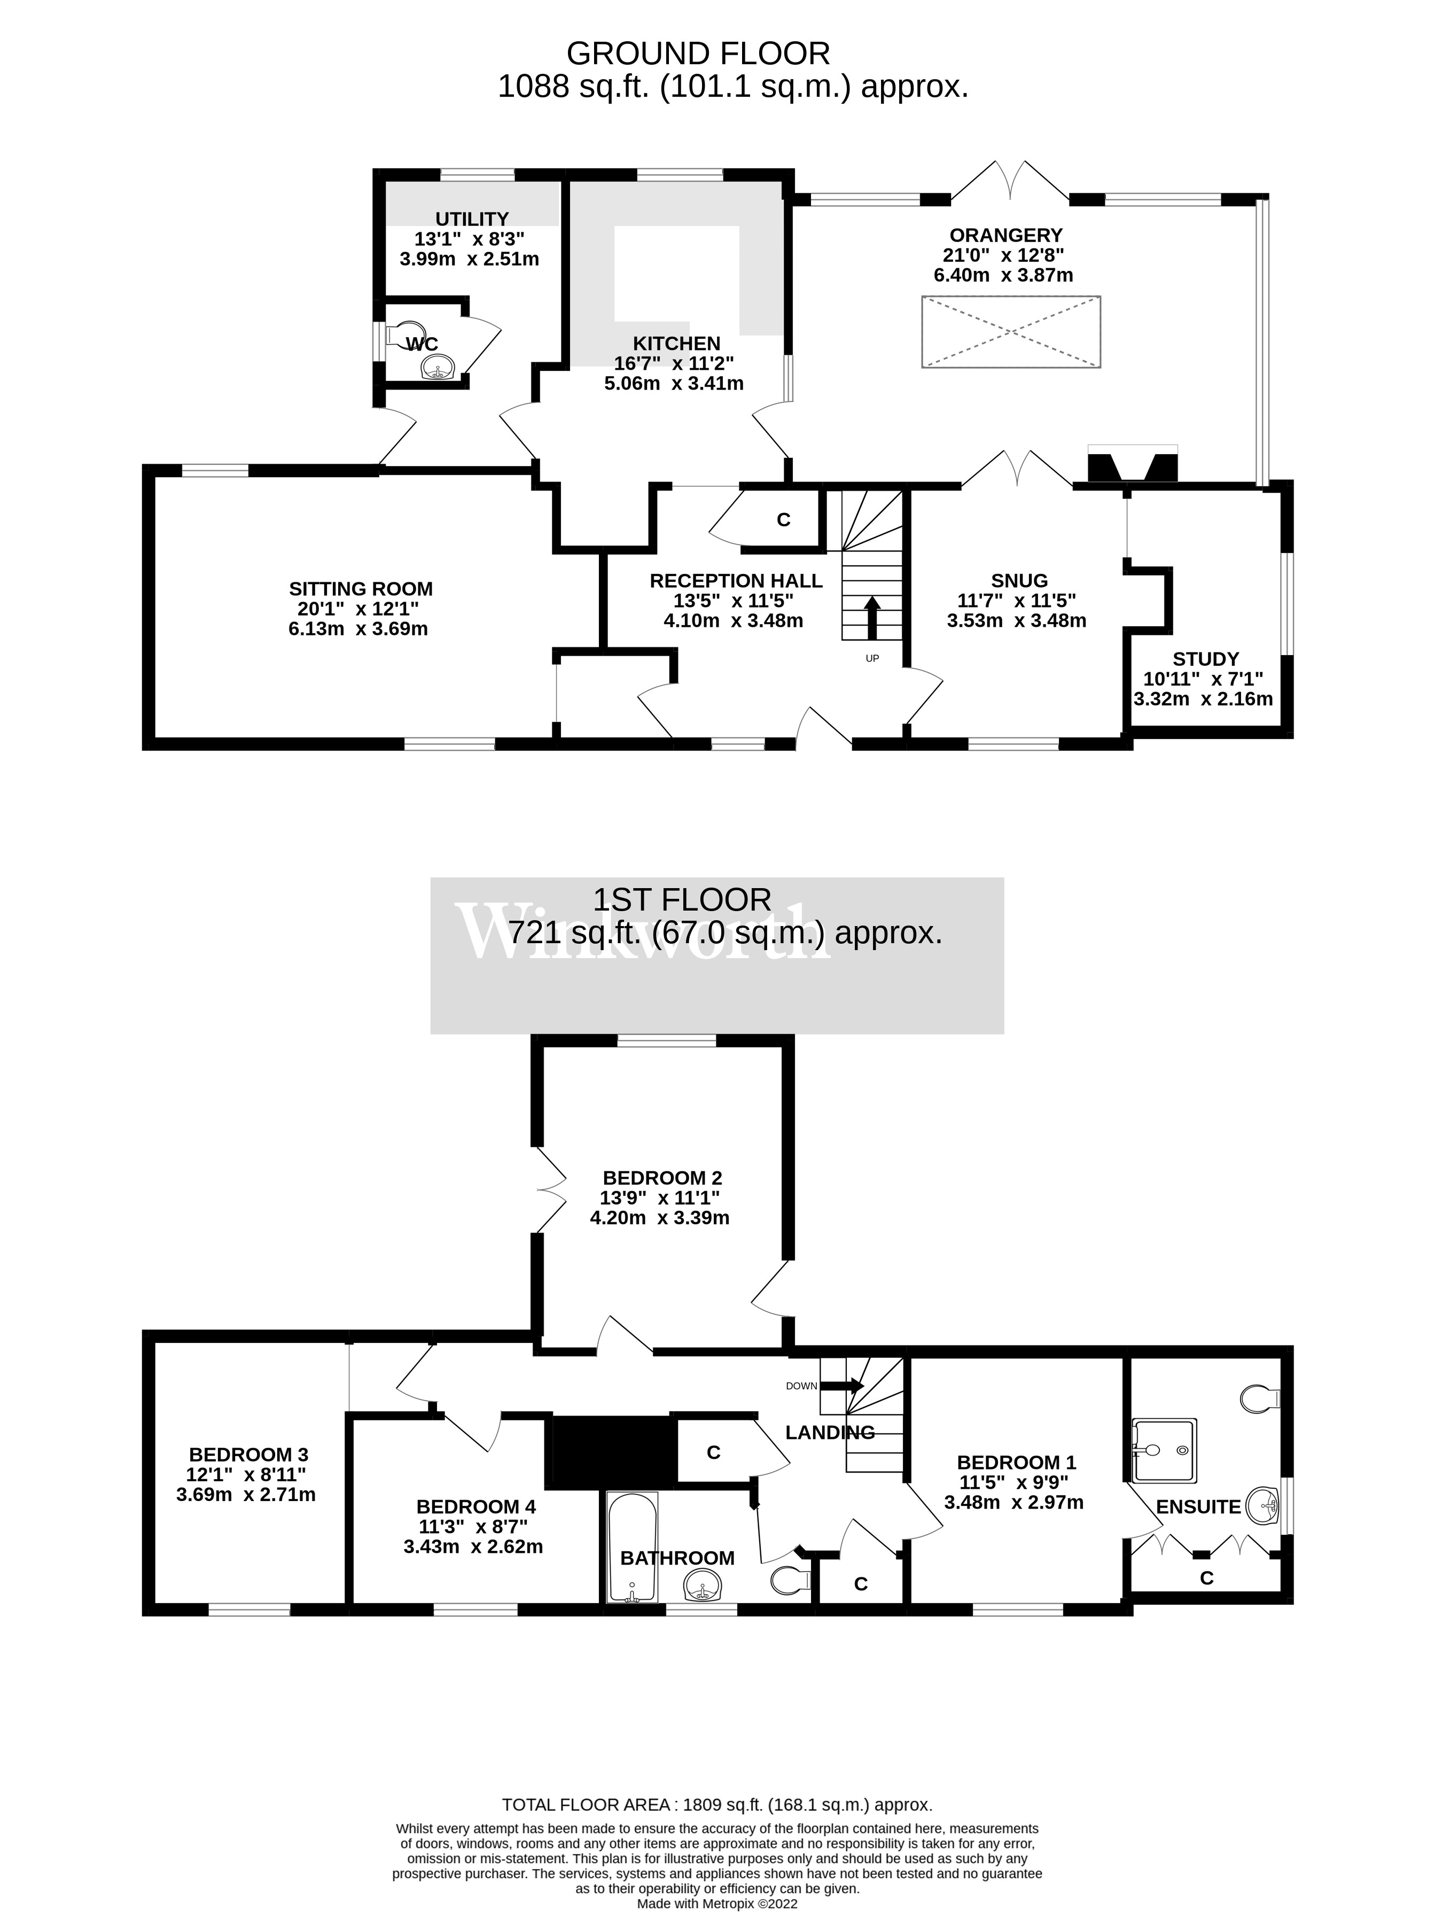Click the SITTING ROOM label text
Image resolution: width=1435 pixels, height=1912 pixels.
pos(360,589)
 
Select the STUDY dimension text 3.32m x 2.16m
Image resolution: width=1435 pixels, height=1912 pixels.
pos(1203,698)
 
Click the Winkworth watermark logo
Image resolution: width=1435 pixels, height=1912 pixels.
pos(644,932)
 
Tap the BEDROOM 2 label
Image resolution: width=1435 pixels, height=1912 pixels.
pos(662,1177)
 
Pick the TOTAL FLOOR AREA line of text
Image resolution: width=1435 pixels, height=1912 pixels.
pos(717,1804)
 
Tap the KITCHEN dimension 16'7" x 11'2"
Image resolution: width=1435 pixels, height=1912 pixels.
pos(674,363)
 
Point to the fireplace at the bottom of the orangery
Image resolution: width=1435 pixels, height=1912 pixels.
pos(1132,466)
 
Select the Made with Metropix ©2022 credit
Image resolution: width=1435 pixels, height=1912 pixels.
pos(717,1902)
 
